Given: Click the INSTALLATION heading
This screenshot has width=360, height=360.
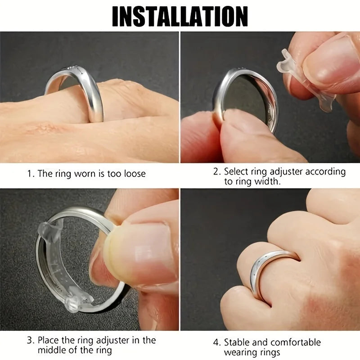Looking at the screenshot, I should (180, 17).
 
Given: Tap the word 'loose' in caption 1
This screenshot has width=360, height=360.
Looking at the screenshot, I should (133, 174).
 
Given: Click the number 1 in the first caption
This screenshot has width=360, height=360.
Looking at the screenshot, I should (30, 174).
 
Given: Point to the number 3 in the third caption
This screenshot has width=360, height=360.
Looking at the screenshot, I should (30, 340).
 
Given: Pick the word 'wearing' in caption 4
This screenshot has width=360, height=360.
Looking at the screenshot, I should (240, 353).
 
